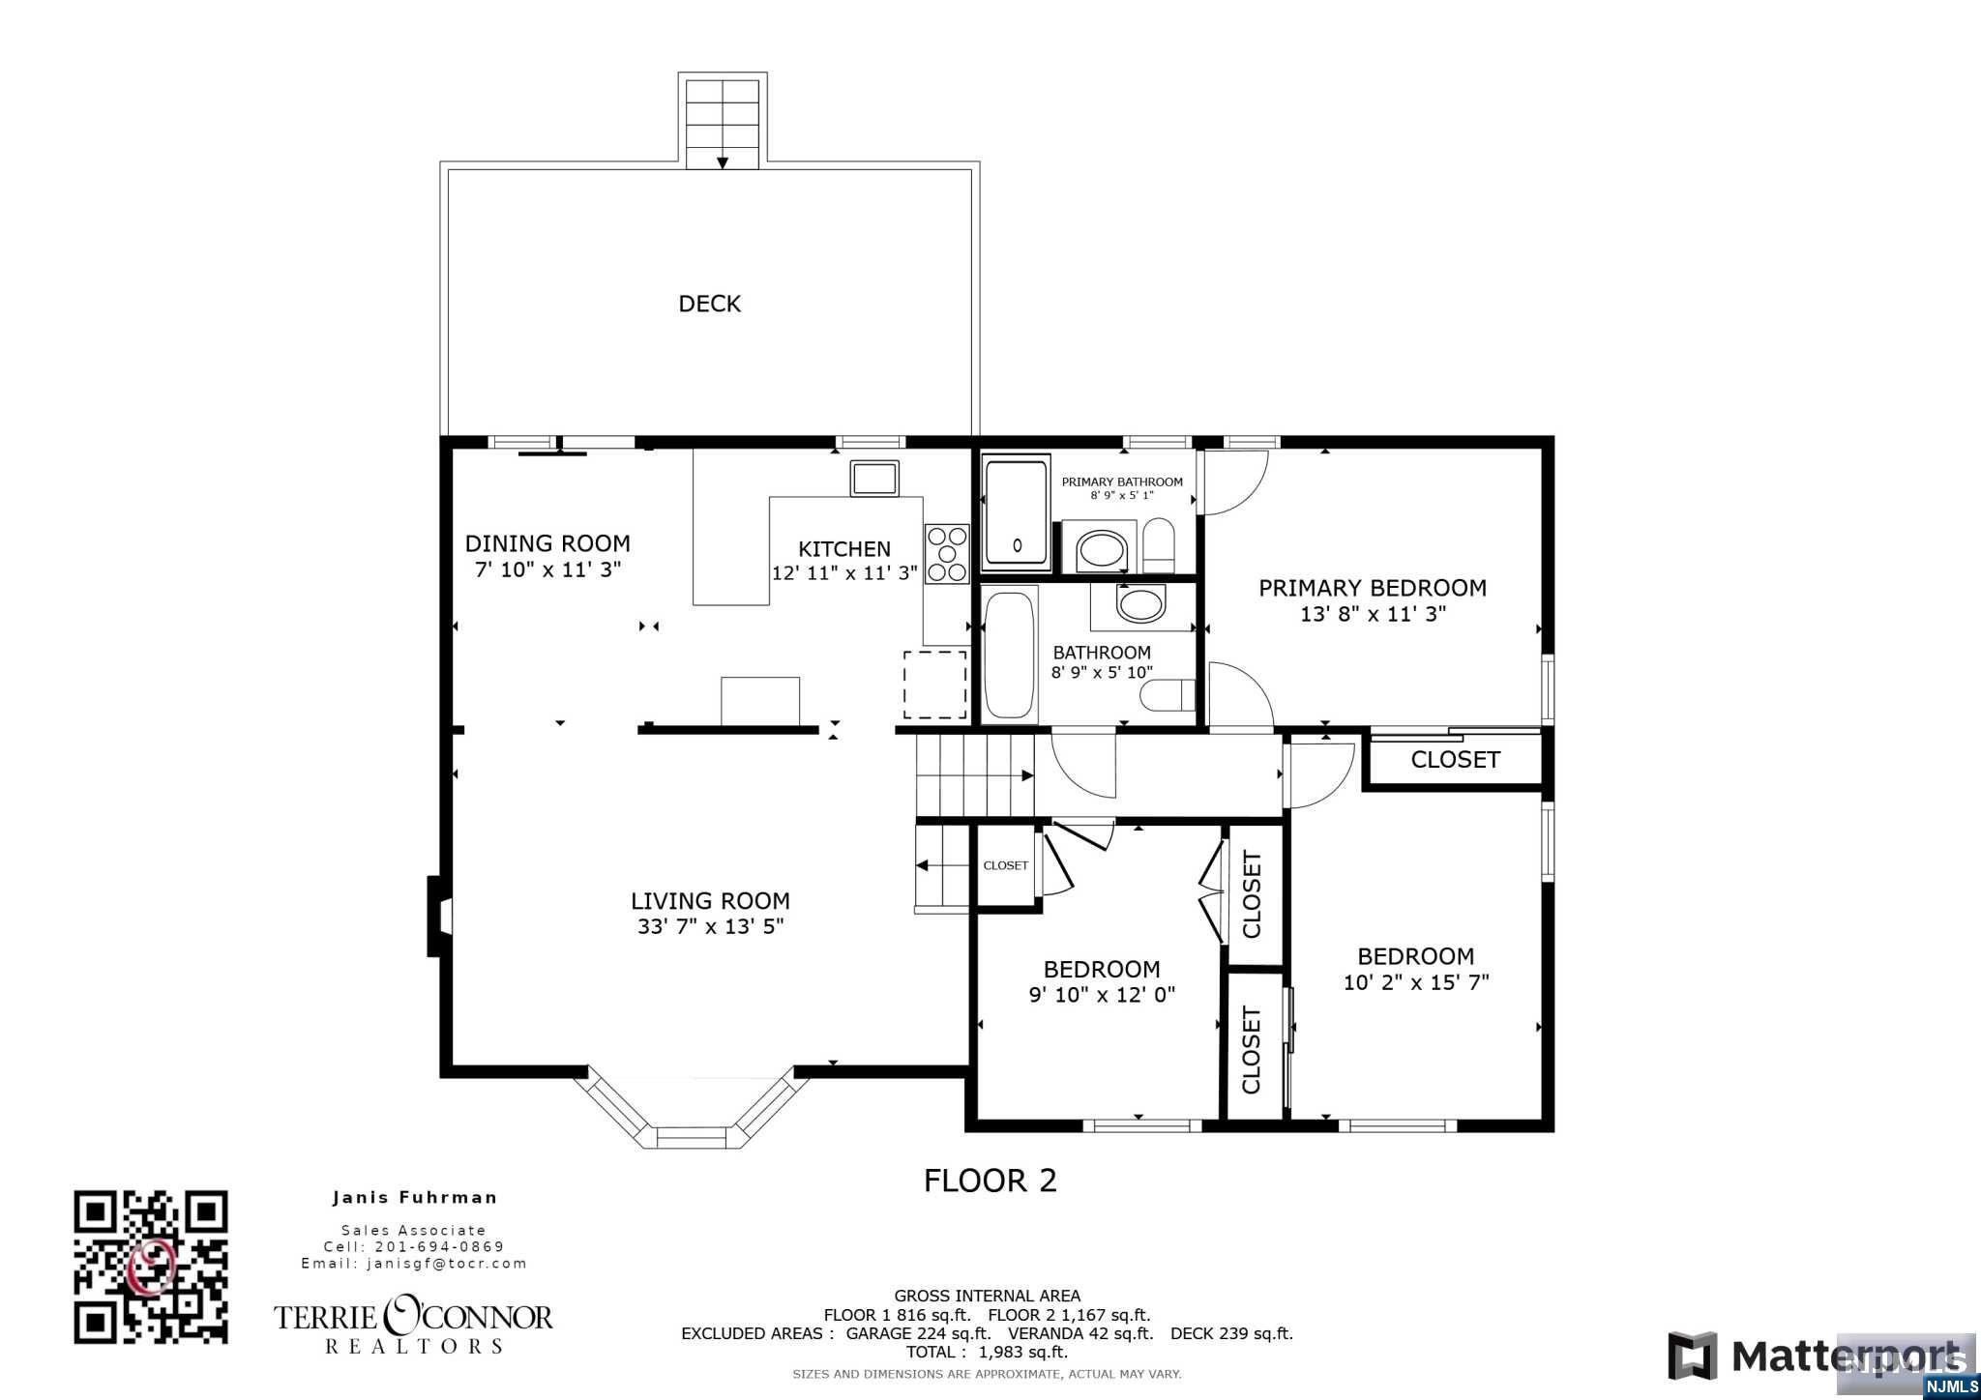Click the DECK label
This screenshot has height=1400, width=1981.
tap(709, 304)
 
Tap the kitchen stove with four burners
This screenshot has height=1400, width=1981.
tap(947, 554)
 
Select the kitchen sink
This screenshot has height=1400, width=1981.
tap(874, 479)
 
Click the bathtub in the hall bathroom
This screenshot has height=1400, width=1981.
tap(1011, 655)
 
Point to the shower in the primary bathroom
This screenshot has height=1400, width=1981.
tap(1017, 512)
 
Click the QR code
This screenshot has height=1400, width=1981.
tap(151, 1267)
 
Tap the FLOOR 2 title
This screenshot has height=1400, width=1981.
tap(990, 1181)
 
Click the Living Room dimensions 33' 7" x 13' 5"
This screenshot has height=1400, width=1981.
tap(710, 926)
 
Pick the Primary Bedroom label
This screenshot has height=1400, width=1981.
tap(1373, 588)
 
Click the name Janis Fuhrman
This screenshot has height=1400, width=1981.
tap(415, 1197)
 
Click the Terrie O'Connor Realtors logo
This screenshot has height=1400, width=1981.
tap(414, 1325)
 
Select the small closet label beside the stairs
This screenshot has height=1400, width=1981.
tap(1005, 865)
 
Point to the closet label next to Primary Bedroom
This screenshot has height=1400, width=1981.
tap(1455, 760)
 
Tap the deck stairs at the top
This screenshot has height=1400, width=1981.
tap(722, 123)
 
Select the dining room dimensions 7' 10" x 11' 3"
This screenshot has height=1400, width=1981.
tap(547, 569)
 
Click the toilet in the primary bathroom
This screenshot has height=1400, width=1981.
tap(1158, 544)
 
